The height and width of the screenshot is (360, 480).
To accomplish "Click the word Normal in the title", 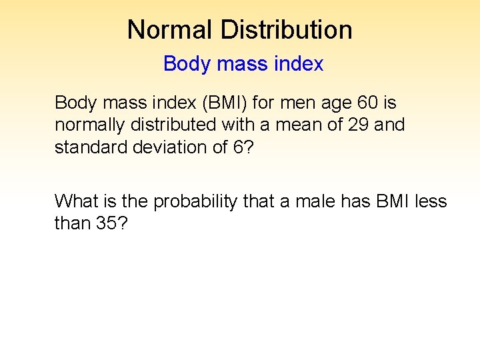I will pyautogui.click(x=170, y=29).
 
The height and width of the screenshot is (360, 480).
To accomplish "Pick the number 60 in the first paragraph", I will pyautogui.click(x=370, y=103).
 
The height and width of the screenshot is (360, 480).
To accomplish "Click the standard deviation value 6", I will pyautogui.click(x=238, y=147).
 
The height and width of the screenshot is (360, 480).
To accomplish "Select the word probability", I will pyautogui.click(x=195, y=201).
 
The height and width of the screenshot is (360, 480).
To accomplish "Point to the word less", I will pyautogui.click(x=431, y=201).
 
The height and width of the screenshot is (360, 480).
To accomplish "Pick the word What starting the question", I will pyautogui.click(x=73, y=201).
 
